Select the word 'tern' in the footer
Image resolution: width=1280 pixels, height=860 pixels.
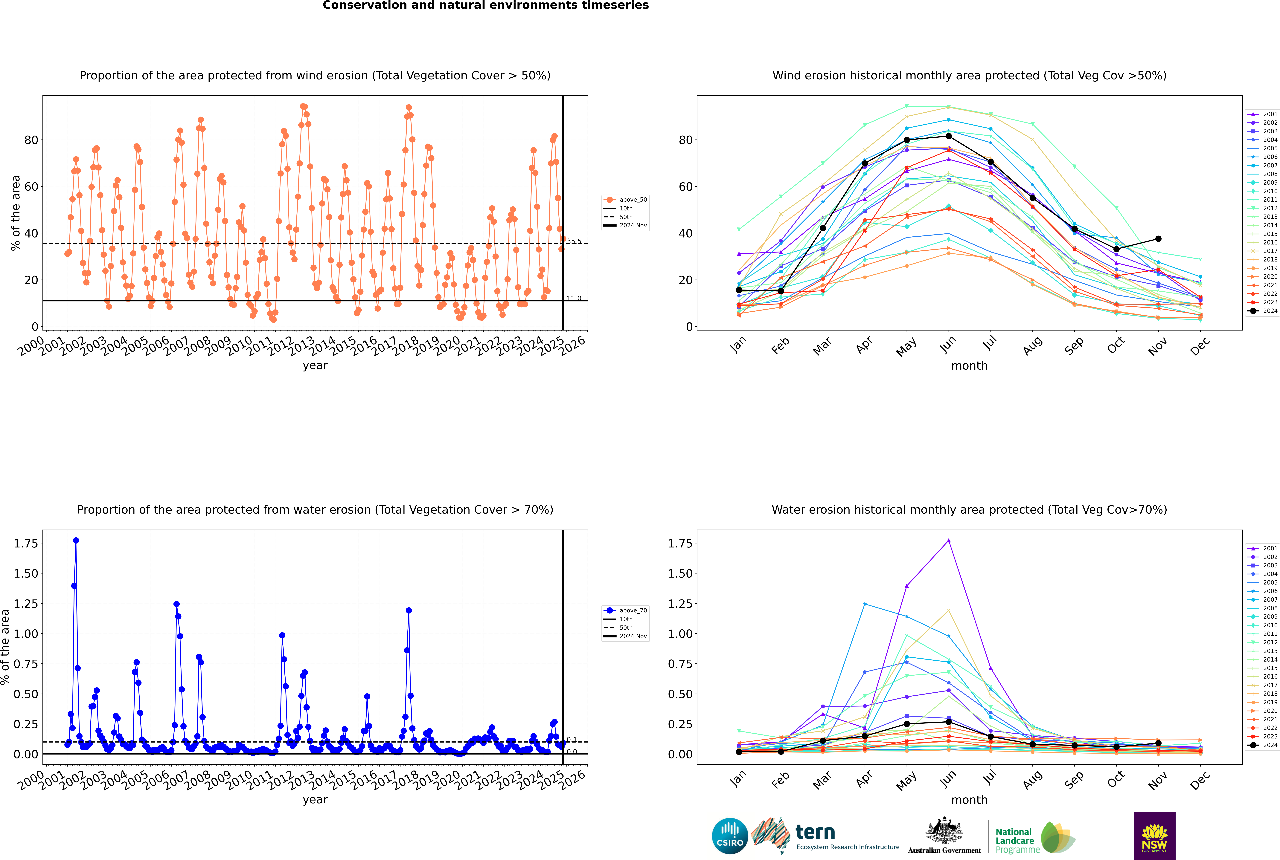(815, 832)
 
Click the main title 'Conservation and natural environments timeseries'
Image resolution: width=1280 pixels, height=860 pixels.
(486, 5)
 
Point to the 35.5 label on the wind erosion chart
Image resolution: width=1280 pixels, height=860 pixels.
(574, 241)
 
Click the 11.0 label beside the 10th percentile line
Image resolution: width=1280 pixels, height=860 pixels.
(574, 298)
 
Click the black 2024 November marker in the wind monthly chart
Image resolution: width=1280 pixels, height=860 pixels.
(1158, 239)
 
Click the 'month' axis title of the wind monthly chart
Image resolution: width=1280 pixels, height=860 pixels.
(970, 366)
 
